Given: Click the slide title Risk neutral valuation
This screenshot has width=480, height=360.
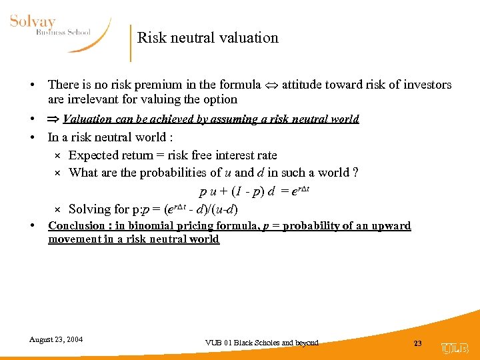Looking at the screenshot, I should (207, 38).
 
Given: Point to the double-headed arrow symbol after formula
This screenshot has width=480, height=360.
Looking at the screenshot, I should (271, 85).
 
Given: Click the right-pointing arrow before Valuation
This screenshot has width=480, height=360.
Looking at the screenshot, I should (53, 119).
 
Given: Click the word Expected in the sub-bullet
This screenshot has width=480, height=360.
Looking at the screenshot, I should (93, 155).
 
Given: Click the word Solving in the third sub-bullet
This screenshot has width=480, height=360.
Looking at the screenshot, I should (89, 209).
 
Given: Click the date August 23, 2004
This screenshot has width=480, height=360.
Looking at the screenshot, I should (56, 339).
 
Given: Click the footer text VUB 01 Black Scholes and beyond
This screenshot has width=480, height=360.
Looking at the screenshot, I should (262, 343).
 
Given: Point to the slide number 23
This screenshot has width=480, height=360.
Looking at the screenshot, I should (418, 343).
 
